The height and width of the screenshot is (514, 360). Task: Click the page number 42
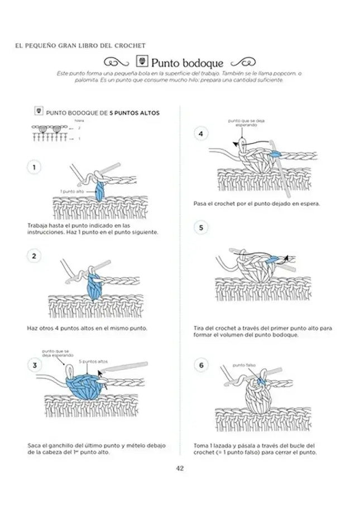coord(180,468)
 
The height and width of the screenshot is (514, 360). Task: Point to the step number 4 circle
coord(200,133)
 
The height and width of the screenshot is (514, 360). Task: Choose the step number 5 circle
coord(200,227)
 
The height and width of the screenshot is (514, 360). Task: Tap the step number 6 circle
coord(200,365)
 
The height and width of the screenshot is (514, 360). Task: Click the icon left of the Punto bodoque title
coord(141,63)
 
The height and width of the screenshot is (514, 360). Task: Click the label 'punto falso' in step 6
coord(244,364)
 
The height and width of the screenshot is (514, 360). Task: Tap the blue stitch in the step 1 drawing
coord(101,190)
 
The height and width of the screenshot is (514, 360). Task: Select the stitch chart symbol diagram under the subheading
coord(54,134)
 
